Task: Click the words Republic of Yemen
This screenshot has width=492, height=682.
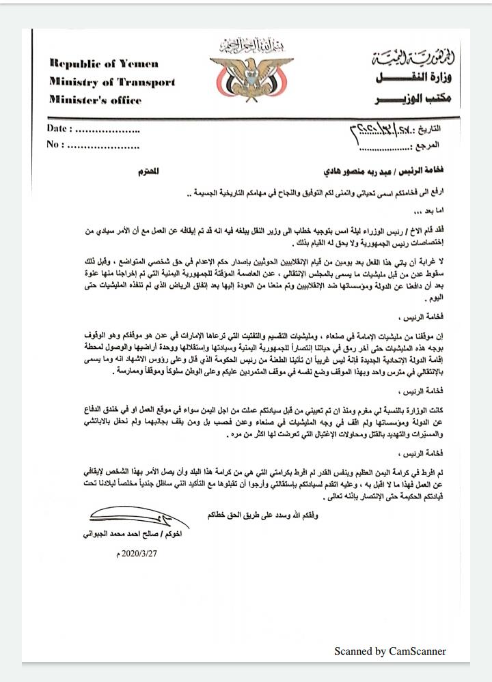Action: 104,63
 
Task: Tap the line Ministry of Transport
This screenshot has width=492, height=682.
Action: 112,82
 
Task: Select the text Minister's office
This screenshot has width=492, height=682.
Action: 96,100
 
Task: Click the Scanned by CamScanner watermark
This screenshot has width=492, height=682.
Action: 389,651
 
